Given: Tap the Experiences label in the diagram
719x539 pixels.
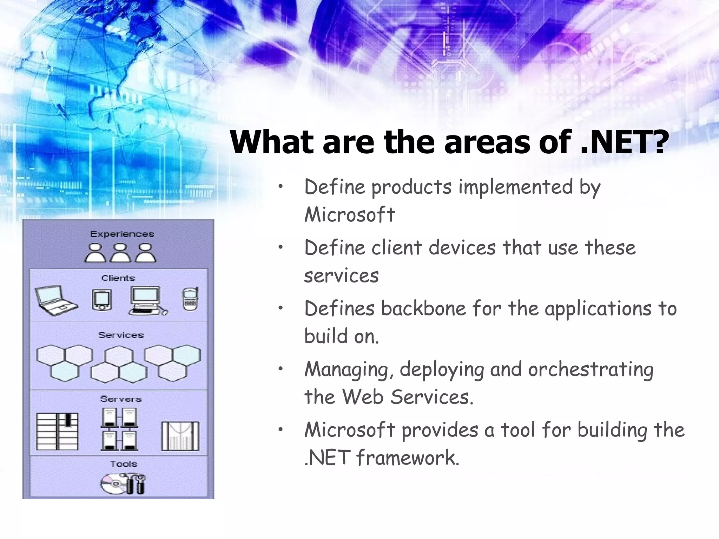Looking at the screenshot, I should click(122, 234).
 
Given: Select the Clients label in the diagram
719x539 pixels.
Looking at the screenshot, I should click(118, 278).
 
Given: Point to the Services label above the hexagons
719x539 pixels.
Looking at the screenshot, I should click(121, 335).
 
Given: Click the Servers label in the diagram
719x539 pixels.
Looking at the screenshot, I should click(121, 399).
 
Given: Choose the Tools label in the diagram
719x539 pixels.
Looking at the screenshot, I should click(123, 464).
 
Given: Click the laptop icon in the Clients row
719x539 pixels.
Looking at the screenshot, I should click(56, 300).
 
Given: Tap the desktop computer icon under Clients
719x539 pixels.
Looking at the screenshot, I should click(147, 300).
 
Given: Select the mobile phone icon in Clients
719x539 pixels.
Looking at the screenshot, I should click(191, 299).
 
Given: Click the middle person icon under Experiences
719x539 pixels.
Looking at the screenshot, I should click(120, 253).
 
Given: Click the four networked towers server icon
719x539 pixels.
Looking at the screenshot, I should click(120, 430).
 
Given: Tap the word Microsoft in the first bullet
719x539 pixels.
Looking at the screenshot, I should click(349, 214).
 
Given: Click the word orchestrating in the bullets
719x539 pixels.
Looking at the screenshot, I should click(591, 370).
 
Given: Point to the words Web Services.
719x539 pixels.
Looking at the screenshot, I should click(407, 397).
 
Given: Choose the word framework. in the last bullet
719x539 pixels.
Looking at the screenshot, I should click(408, 458).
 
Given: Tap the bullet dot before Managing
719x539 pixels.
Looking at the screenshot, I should click(280, 368).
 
